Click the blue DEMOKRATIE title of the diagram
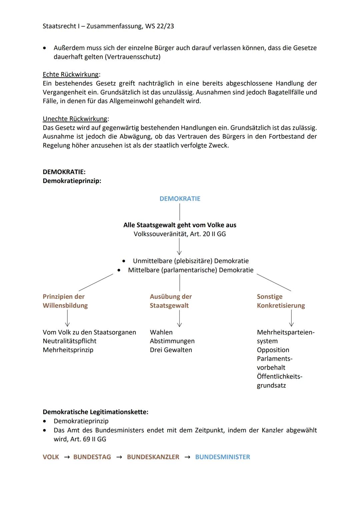(180, 199)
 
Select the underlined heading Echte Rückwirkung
(71, 74)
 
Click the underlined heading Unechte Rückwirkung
(75, 119)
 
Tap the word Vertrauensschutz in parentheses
(132, 57)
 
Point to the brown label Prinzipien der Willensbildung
(65, 301)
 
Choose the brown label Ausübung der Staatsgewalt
(171, 301)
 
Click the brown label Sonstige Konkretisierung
(281, 301)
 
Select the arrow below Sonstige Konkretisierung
(291, 318)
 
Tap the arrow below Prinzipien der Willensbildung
(67, 318)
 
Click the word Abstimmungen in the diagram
(172, 341)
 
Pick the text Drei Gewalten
(171, 350)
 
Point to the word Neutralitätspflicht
(69, 341)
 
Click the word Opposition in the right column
(273, 350)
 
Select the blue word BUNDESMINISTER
(222, 457)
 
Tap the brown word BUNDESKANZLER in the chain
(153, 457)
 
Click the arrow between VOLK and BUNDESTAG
(67, 457)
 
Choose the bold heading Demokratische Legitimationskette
(95, 412)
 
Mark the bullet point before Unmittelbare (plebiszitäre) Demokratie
(124, 261)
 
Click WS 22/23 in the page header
(159, 26)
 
